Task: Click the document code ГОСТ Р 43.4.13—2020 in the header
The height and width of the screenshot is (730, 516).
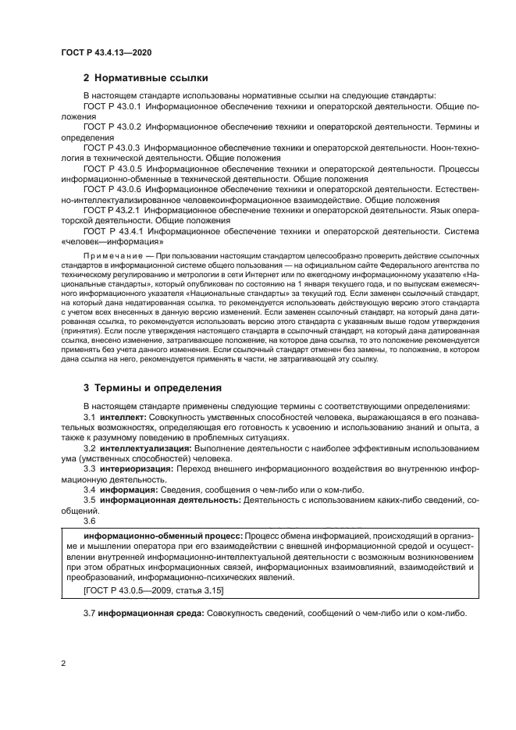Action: tap(105, 52)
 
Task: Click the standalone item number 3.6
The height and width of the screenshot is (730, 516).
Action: tap(90, 519)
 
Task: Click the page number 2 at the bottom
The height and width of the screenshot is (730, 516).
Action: tap(63, 664)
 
